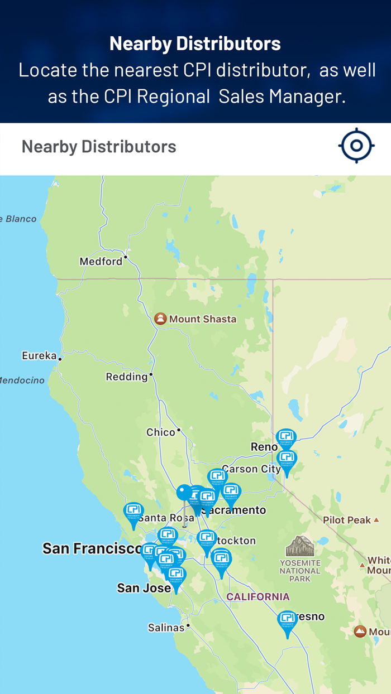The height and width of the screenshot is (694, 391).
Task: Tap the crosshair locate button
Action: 356,146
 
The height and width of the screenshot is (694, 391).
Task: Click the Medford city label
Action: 101,261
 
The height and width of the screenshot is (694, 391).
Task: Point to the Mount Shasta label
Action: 202,319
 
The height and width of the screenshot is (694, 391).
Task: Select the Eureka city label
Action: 39,355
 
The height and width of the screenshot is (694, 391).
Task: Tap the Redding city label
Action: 127,377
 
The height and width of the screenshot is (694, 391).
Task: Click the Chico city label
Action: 161,432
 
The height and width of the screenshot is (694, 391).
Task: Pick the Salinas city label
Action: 166,628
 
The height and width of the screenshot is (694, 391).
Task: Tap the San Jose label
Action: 144,588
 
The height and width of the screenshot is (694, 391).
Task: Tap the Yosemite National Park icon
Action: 300,547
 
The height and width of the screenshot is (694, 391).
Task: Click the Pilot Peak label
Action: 347,520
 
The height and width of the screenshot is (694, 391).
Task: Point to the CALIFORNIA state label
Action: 258,596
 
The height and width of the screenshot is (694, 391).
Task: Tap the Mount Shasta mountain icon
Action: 160,319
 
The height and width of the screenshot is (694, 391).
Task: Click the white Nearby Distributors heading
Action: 195,43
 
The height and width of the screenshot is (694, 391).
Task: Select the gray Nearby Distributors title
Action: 99,147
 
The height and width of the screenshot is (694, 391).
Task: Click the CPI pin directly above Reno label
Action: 285,438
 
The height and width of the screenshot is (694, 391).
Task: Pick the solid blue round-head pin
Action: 184,493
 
